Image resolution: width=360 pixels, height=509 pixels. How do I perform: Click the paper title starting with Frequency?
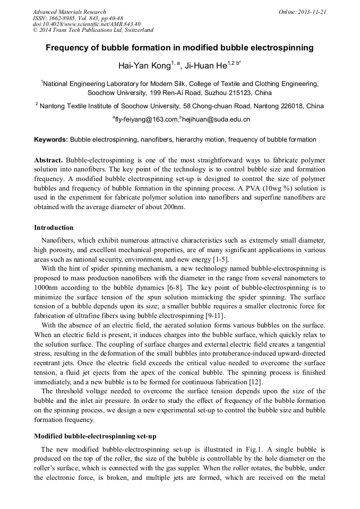coord(179,48)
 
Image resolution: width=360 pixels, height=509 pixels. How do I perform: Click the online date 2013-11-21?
coord(312,12)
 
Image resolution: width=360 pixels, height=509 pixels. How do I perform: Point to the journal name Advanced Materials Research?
coord(69,12)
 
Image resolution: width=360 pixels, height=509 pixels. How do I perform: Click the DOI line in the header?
coord(86,24)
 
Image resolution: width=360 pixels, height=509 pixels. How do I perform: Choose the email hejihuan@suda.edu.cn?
coord(216,120)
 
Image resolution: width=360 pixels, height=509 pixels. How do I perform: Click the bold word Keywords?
coord(50,140)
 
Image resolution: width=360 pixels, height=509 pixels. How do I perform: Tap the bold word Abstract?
coord(49,160)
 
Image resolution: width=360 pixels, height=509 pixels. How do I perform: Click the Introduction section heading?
coord(54,228)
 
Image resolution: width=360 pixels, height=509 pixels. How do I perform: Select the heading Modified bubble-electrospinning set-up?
coord(95,436)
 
